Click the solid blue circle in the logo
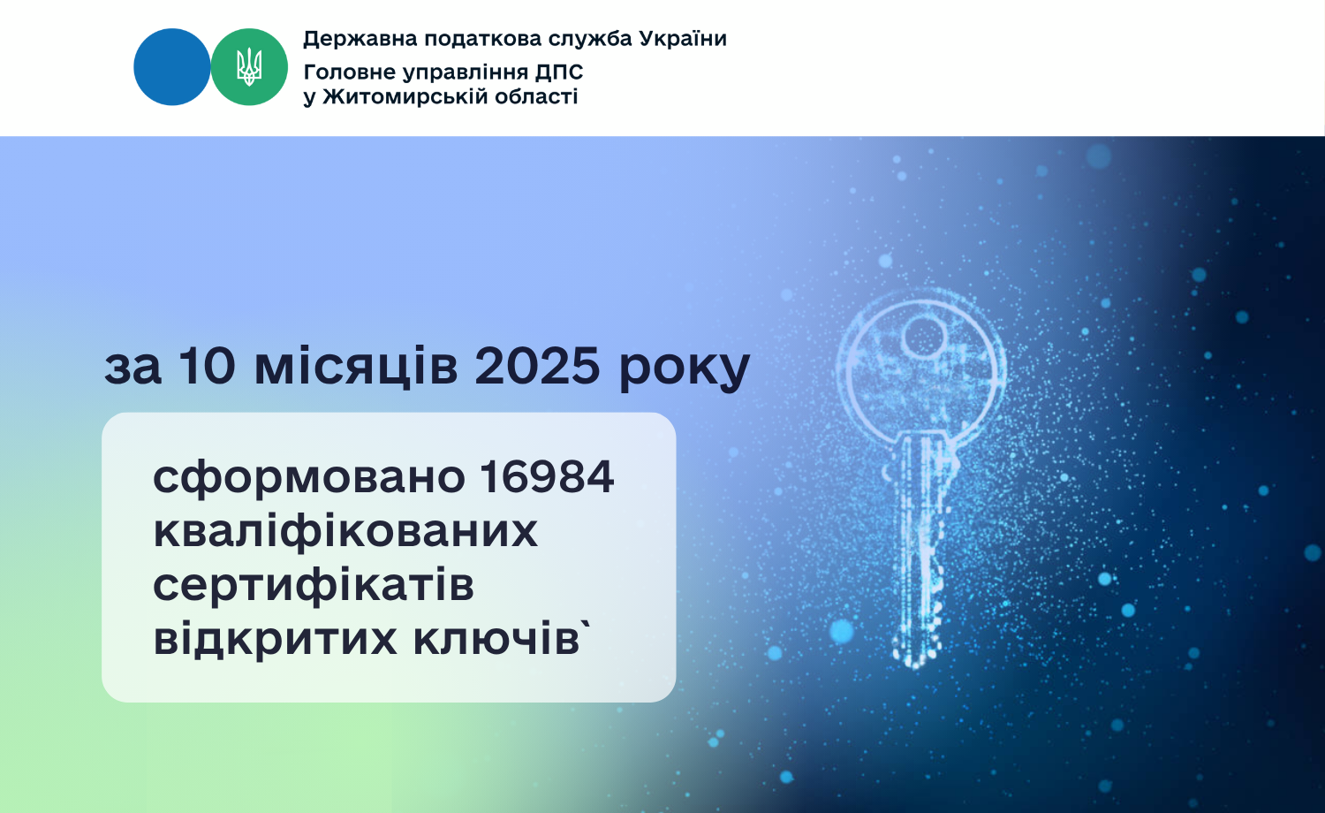click(172, 67)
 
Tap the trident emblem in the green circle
click(249, 67)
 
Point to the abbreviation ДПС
click(559, 72)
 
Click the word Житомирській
click(405, 96)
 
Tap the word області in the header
click(536, 96)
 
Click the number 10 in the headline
click(207, 366)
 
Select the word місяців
click(356, 366)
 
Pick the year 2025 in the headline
click(538, 366)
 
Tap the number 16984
click(547, 476)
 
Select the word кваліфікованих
click(345, 531)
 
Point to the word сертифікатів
click(314, 585)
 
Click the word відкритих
click(275, 638)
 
